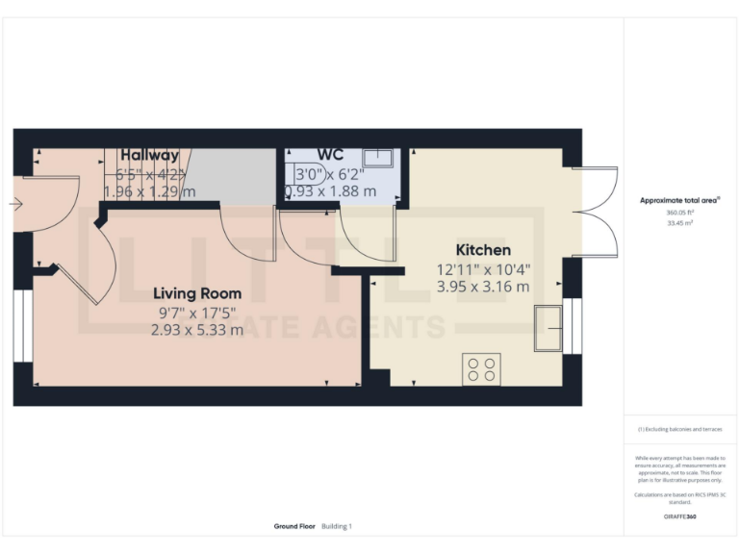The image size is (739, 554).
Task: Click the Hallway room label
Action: [x=149, y=155]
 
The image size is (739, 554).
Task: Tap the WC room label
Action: [x=330, y=155]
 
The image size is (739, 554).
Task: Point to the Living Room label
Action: [x=198, y=293]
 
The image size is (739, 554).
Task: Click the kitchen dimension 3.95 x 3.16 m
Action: [x=483, y=287]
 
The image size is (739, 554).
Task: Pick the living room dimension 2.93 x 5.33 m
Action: [x=196, y=330]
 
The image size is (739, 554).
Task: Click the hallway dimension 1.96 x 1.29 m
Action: [x=149, y=191]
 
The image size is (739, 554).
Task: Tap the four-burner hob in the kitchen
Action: [x=481, y=369]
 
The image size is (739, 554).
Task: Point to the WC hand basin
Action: [x=378, y=158]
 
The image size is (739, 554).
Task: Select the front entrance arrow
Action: [x=15, y=204]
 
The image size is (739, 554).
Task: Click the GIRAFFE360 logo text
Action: [x=679, y=517]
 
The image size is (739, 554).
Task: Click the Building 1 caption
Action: [x=338, y=526]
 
